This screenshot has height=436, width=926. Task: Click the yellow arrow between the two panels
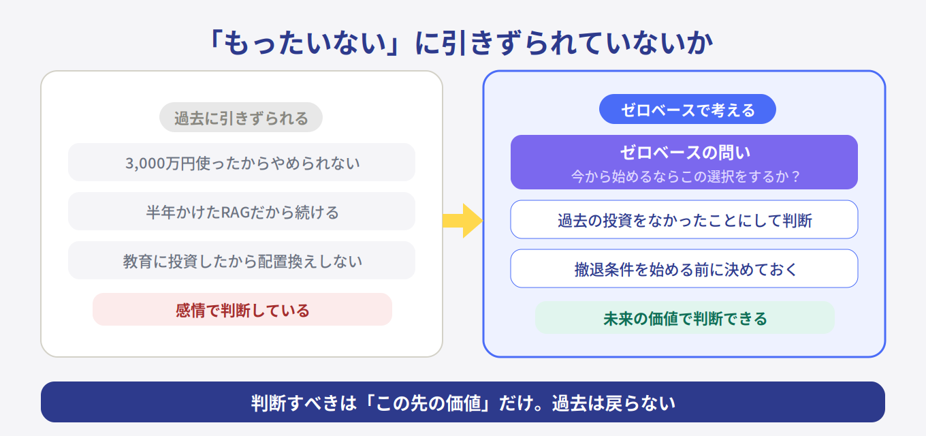463,221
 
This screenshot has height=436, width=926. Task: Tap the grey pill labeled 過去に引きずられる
241,118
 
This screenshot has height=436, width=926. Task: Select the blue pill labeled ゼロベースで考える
688,110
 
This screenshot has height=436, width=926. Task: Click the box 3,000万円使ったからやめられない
242,163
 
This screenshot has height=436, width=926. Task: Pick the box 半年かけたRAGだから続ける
242,212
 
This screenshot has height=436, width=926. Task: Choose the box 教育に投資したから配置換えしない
242,261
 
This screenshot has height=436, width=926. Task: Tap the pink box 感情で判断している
242,310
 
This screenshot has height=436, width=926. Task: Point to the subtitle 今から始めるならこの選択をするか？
684,176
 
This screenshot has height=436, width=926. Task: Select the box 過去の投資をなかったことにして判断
684,220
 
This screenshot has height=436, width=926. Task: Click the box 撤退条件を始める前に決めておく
684,269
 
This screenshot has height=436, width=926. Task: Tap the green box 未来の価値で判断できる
685,318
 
